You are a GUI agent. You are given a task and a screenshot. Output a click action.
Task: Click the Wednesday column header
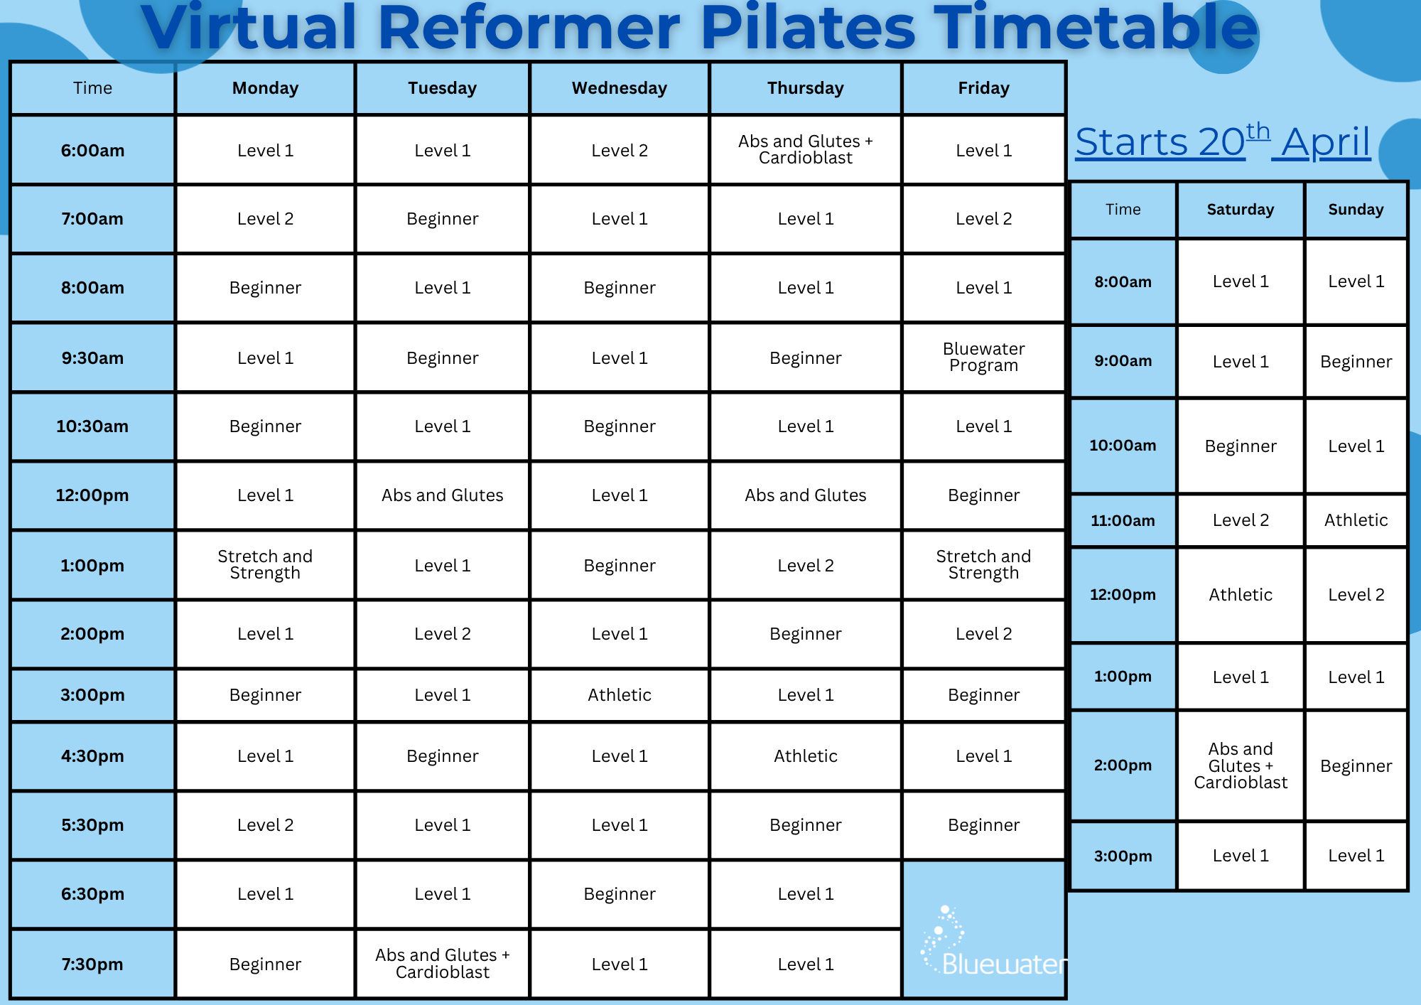tap(620, 88)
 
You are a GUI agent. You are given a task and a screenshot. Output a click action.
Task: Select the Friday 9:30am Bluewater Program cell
tap(983, 357)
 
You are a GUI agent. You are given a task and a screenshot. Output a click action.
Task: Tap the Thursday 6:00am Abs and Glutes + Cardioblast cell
tap(805, 149)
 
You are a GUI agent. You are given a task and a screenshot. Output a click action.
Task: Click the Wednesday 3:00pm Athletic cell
tap(620, 694)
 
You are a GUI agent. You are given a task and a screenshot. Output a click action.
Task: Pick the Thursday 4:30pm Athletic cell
tap(805, 756)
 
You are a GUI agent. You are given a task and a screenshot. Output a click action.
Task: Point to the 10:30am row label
tap(92, 426)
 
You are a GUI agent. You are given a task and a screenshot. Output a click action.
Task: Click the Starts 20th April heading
tap(1222, 142)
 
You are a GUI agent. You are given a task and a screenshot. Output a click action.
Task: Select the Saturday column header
tap(1240, 210)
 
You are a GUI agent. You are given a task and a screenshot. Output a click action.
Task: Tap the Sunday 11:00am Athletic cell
tap(1356, 520)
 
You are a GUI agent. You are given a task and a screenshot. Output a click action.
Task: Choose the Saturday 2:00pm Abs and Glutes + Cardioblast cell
tap(1240, 765)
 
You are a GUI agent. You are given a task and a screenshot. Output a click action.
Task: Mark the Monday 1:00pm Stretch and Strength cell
tap(265, 564)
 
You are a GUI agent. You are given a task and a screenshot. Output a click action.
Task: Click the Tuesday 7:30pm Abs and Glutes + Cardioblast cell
tap(442, 963)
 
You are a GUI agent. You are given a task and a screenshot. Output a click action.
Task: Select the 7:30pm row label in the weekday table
tap(92, 964)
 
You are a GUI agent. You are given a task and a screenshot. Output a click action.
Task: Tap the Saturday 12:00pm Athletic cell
tap(1240, 595)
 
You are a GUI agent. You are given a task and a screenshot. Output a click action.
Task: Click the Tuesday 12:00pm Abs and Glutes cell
tap(442, 495)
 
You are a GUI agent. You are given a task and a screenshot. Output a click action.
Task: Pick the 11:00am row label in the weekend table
tap(1123, 520)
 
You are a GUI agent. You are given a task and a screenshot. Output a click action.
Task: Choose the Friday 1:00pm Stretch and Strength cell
tap(983, 564)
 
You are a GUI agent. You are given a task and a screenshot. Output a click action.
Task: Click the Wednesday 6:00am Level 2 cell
tap(620, 151)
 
